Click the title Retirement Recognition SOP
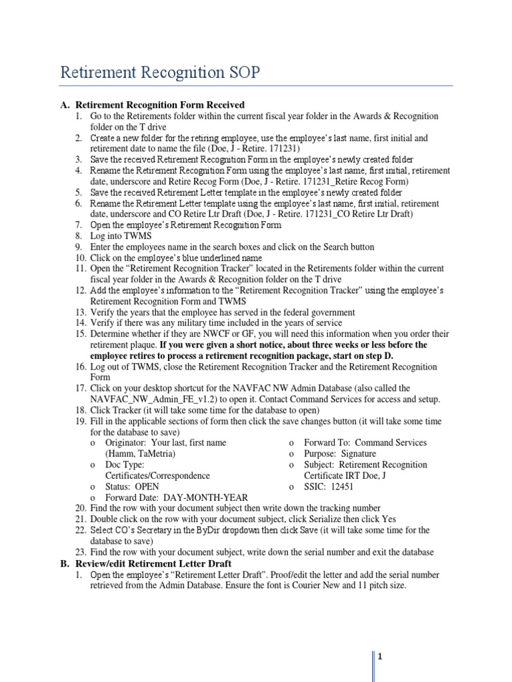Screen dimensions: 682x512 coord(159,72)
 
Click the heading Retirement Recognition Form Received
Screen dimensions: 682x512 coord(160,105)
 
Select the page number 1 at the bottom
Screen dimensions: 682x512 coord(379,657)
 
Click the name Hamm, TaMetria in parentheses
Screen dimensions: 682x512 coord(141,454)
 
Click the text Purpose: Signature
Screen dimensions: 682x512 coord(340,454)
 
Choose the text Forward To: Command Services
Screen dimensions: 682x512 coord(365,442)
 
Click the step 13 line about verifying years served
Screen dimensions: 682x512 coord(223,312)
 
